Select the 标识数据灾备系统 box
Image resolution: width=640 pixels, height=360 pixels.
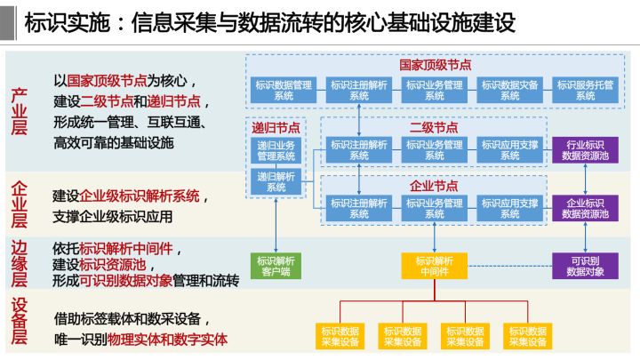click(x=510, y=90)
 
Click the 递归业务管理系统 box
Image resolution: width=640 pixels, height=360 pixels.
click(x=276, y=150)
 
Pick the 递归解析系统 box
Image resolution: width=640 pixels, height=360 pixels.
click(x=276, y=181)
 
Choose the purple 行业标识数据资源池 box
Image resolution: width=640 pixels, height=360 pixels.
click(x=586, y=148)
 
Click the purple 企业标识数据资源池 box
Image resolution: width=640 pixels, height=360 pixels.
click(x=586, y=208)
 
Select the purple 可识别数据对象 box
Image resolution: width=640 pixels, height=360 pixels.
click(x=586, y=266)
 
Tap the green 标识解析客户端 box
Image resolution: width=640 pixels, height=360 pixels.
click(x=276, y=266)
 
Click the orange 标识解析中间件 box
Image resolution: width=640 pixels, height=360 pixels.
click(x=435, y=266)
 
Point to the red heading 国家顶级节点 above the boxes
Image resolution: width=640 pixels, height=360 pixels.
click(x=435, y=65)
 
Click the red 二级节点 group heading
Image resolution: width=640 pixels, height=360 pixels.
click(x=435, y=127)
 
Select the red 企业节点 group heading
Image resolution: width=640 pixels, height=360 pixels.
click(x=435, y=186)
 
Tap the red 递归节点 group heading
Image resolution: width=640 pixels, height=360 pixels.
click(x=276, y=127)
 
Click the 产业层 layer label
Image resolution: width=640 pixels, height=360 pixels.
click(x=20, y=111)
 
